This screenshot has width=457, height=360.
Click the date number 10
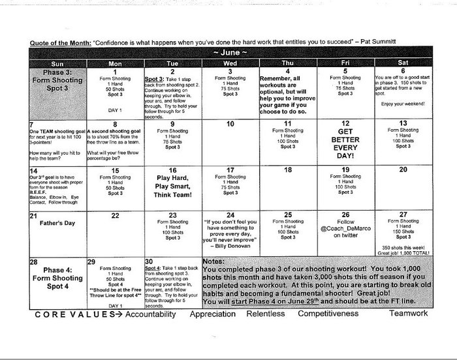[x=230, y=123]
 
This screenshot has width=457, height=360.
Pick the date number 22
[x=115, y=215]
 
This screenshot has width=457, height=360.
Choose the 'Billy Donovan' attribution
[x=232, y=248]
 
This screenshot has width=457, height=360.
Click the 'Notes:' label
[x=215, y=261]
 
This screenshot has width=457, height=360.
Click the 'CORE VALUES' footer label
[x=63, y=314]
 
